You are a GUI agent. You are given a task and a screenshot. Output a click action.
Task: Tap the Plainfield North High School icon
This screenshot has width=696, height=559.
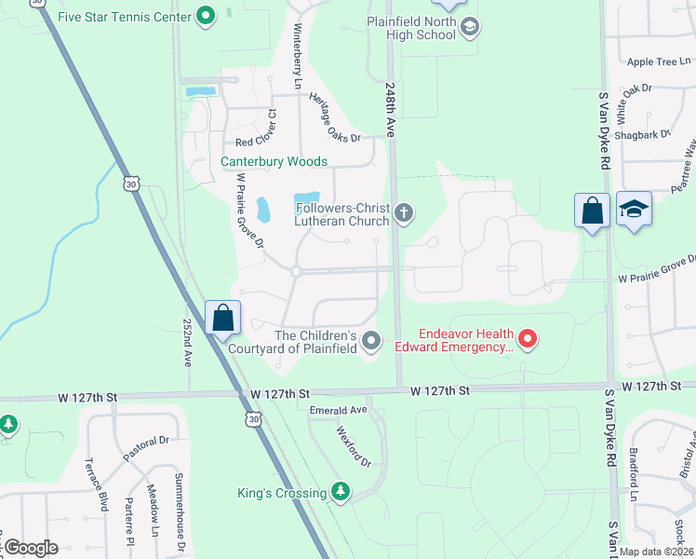click(x=470, y=27)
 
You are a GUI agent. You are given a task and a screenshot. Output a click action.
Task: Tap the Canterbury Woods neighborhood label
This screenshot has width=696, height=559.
click(x=274, y=161)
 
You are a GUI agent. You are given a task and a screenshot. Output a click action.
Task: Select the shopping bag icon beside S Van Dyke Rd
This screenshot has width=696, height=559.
click(x=592, y=211)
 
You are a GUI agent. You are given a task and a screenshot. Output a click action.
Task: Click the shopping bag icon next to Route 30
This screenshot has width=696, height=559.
click(x=223, y=318)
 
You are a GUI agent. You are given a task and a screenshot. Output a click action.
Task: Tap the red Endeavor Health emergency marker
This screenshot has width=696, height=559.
click(x=528, y=339)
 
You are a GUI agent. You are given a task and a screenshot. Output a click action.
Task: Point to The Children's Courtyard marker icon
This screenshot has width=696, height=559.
click(x=371, y=341)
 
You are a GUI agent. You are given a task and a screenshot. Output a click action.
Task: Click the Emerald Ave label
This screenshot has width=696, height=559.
click(x=339, y=410)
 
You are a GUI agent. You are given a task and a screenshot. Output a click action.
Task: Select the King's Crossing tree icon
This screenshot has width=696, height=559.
click(x=341, y=492)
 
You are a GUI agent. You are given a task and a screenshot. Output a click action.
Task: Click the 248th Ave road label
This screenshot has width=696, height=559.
click(x=390, y=108)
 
